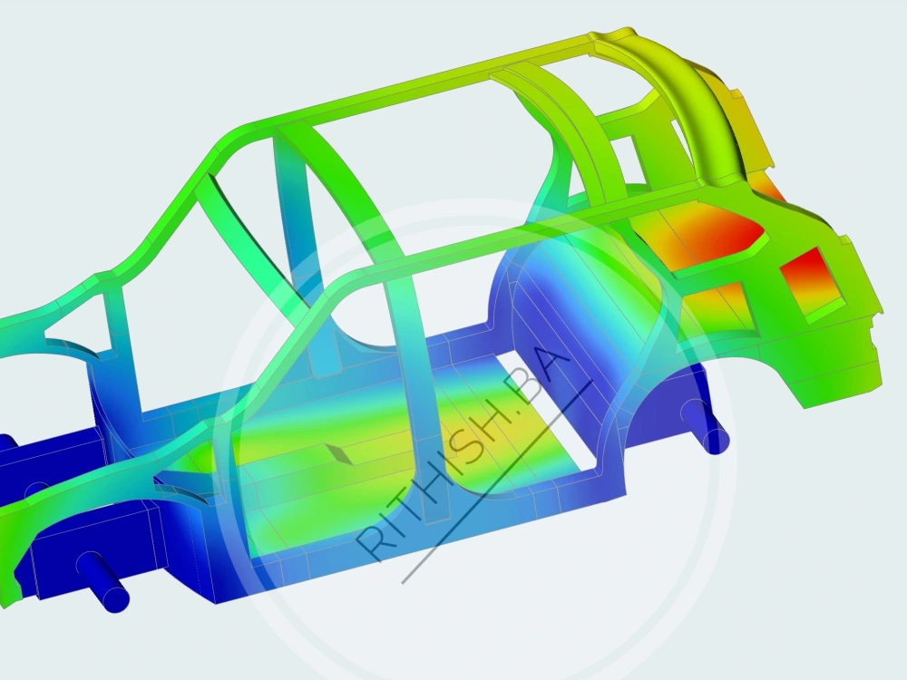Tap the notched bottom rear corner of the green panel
pyautogui.click(x=807, y=399)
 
